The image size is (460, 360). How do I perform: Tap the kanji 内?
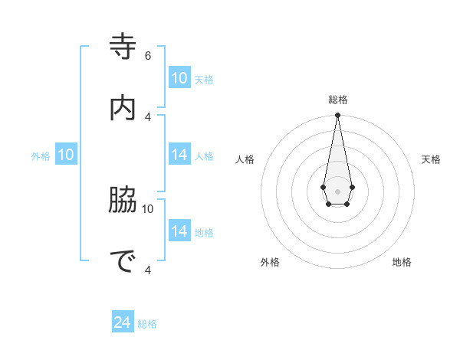point(123,108)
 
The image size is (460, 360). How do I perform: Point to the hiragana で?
point(123,261)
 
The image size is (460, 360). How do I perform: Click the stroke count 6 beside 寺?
point(148,55)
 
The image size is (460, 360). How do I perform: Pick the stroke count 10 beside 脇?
point(148,208)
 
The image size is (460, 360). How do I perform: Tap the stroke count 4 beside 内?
point(148,116)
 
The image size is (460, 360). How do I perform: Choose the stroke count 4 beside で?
point(148,270)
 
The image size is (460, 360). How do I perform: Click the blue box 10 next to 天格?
point(179,78)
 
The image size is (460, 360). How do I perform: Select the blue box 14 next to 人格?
point(179,155)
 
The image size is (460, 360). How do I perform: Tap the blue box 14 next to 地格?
point(179,231)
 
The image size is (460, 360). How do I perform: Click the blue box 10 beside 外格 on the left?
point(66,155)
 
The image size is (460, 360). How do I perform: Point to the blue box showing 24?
point(123,322)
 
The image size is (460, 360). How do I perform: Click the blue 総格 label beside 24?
point(147,324)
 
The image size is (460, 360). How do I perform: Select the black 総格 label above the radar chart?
point(338,100)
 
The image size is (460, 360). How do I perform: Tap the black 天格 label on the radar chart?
point(431,159)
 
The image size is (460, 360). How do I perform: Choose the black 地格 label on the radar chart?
point(402,262)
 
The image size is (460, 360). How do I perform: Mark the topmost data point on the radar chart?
point(337,116)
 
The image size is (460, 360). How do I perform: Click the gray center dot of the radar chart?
point(337,191)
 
